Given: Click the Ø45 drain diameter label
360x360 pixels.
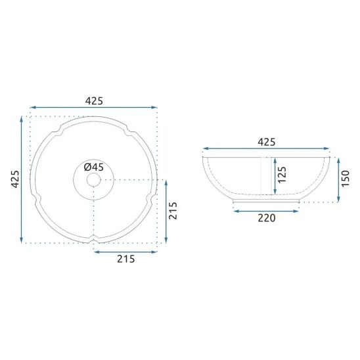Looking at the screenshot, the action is point(94,167).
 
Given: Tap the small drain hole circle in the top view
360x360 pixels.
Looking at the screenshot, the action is point(94,180).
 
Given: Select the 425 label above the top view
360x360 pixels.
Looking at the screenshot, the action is point(94,101).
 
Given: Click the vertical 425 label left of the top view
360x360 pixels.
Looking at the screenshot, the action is point(15,179).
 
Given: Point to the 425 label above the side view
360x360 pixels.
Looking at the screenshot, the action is point(266,142).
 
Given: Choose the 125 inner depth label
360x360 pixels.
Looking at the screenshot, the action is point(282,175).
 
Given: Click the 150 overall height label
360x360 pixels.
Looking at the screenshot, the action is point(345,179).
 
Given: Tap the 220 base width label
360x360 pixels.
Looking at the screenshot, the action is point(266,218).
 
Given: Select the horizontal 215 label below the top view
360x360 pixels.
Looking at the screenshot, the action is point(126,259).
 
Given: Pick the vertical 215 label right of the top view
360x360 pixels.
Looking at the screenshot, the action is point(173,211).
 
